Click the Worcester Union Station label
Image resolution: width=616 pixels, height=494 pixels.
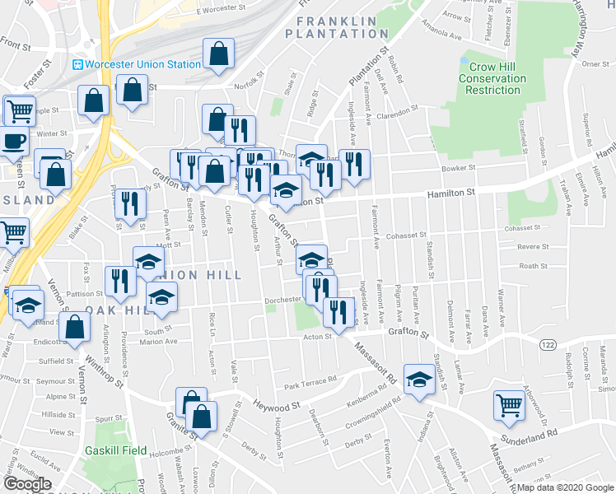point(143,64)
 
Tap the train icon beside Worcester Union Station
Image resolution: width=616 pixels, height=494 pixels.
point(78,64)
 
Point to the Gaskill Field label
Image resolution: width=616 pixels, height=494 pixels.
point(115,450)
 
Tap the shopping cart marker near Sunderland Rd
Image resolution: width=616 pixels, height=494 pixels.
point(509,404)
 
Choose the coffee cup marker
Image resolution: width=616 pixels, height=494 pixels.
point(12,140)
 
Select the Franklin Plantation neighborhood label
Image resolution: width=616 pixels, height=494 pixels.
point(336,27)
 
